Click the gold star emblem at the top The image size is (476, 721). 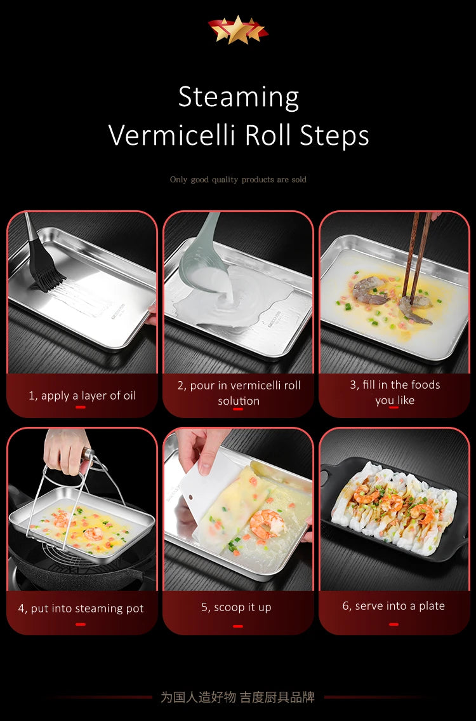(x=238, y=30)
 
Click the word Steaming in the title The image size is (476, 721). (x=238, y=98)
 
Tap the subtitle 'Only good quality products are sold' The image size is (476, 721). (x=238, y=180)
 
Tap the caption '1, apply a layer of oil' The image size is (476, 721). (x=82, y=395)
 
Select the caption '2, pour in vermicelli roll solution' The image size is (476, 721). (x=239, y=393)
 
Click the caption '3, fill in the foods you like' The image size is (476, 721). (x=394, y=392)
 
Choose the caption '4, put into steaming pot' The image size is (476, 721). (x=81, y=609)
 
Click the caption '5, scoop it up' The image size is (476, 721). (x=236, y=607)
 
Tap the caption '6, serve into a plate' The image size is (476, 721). (x=393, y=606)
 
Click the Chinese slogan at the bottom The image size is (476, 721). (x=237, y=697)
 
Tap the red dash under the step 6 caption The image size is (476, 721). (x=393, y=624)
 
